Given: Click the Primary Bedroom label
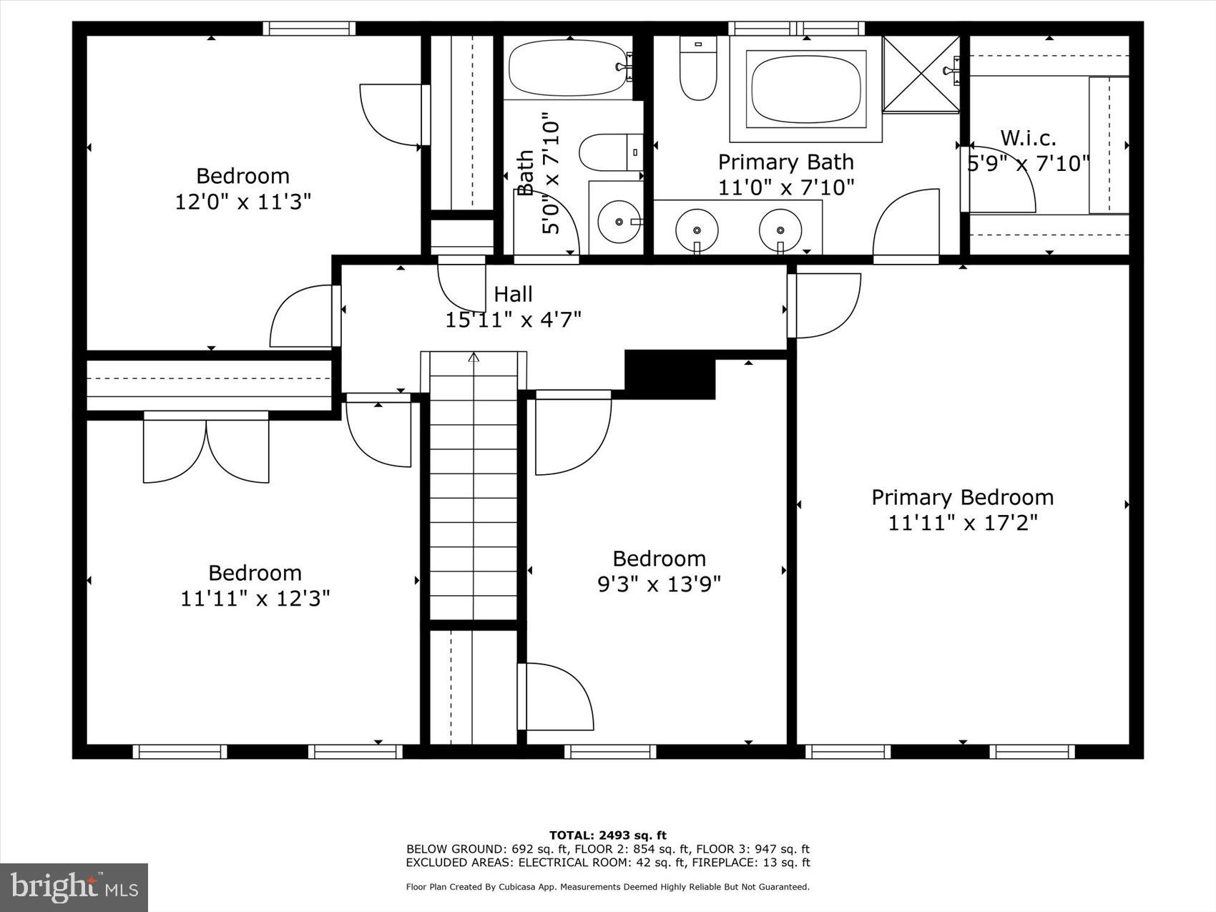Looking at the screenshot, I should pyautogui.click(x=962, y=497).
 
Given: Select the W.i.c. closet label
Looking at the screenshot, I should pyautogui.click(x=1028, y=137).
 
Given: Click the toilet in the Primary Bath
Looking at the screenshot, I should pyautogui.click(x=698, y=69).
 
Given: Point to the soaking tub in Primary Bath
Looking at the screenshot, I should pyautogui.click(x=805, y=89).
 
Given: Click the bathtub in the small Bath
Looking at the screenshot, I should pyautogui.click(x=569, y=68).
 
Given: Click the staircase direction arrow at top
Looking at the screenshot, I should pyautogui.click(x=474, y=357).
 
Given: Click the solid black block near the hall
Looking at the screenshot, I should pyautogui.click(x=670, y=374).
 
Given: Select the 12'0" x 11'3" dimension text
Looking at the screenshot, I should pyautogui.click(x=242, y=202).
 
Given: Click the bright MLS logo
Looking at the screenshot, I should pyautogui.click(x=74, y=888).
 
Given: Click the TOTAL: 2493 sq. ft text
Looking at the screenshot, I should pyautogui.click(x=607, y=835).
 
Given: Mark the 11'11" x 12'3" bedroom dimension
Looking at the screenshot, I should pyautogui.click(x=255, y=598).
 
